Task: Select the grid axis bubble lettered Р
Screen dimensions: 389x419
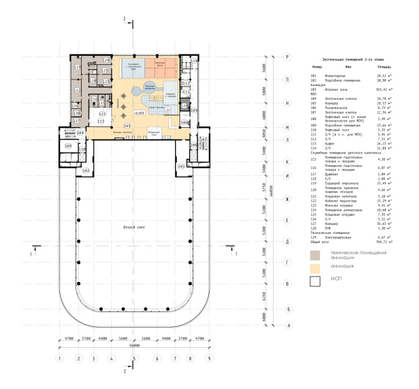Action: [x=287, y=55]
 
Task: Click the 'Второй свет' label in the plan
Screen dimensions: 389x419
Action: [x=133, y=228]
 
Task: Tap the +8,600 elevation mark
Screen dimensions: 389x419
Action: [x=139, y=111]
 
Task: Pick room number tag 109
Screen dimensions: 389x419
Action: [x=69, y=147]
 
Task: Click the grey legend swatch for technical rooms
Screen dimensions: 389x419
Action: [x=316, y=254]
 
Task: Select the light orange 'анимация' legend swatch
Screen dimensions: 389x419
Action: [x=316, y=267]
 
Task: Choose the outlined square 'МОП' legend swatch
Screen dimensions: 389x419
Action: [x=316, y=281]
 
